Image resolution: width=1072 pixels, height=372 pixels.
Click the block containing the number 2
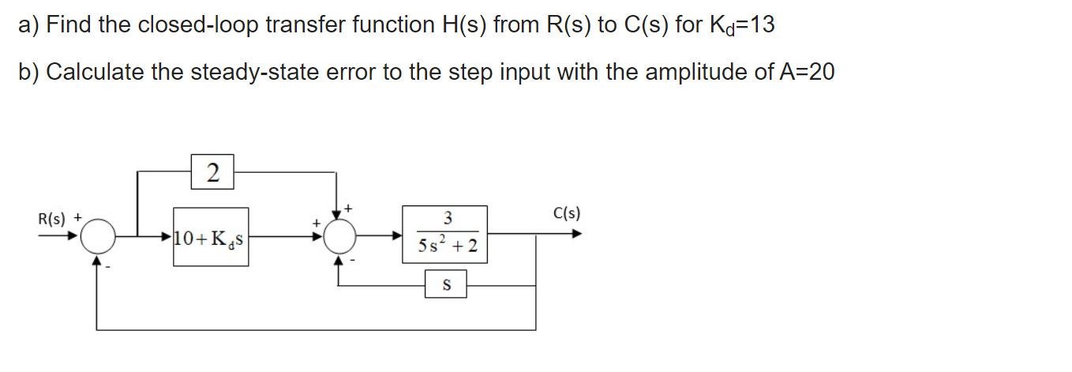coord(211,171)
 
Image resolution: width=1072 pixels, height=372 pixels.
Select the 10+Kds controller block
coord(211,236)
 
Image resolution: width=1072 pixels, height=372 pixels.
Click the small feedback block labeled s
coord(445,284)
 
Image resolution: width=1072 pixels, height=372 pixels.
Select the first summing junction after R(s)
coord(99,235)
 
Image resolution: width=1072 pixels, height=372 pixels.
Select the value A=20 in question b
coord(806,72)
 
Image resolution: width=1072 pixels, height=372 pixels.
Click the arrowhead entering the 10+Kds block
coord(168,235)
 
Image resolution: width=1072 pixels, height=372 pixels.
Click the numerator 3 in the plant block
coord(447,218)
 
